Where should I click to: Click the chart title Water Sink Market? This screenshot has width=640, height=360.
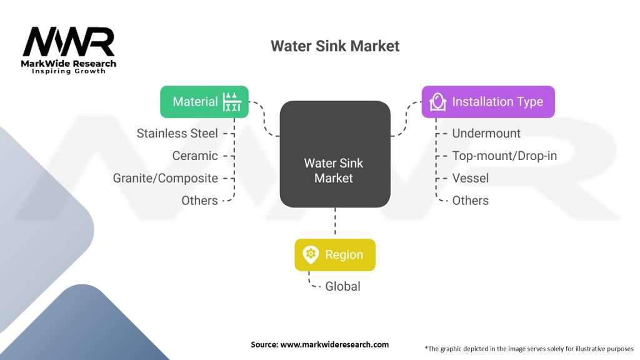[334, 46]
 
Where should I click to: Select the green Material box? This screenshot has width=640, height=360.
[204, 101]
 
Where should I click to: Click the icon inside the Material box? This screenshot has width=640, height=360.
[232, 101]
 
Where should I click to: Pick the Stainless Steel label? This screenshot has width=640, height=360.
[177, 133]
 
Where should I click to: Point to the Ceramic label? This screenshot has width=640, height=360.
[195, 156]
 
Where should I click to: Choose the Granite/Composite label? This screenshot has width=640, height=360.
[166, 178]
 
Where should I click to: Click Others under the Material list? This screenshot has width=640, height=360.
[199, 201]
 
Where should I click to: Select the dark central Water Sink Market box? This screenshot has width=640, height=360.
[334, 154]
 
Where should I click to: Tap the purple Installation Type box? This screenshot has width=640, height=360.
[488, 101]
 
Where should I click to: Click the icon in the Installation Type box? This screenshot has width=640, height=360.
[438, 101]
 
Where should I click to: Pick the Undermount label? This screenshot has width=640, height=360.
[486, 133]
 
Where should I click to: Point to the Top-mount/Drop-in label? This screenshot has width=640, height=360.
[504, 156]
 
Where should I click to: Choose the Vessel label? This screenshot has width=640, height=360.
[470, 178]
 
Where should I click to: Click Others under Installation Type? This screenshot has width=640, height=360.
[470, 201]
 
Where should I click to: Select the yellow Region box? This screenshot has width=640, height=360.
[335, 254]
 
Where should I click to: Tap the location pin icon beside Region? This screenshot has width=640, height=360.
[310, 254]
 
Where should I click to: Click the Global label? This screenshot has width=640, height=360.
[342, 286]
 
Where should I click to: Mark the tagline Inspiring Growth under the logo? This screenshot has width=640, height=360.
[69, 71]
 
